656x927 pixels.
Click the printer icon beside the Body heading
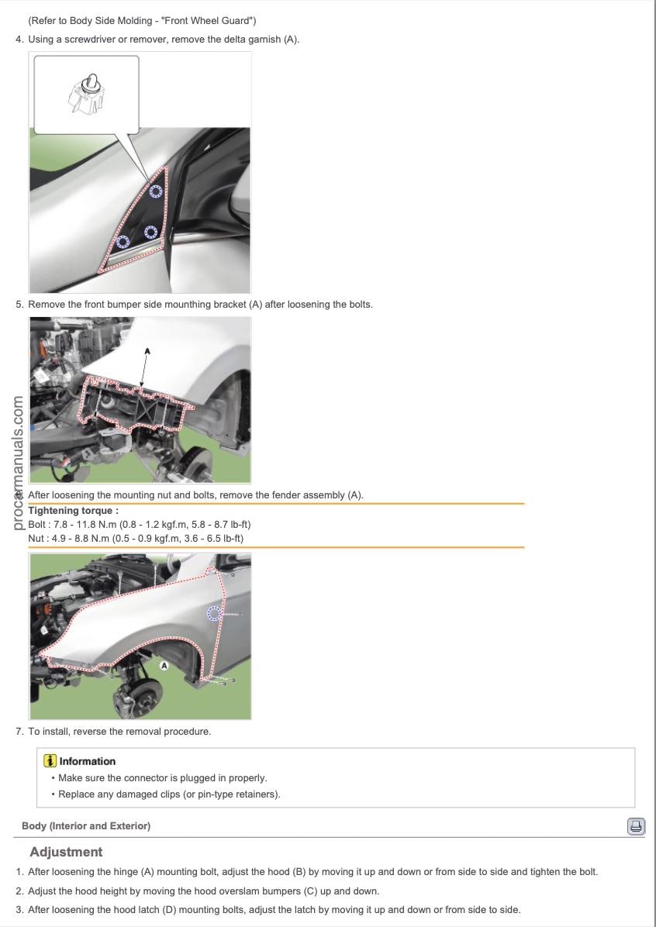pos(636,826)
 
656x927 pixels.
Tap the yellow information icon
pos(51,761)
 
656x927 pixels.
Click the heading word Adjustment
pos(66,852)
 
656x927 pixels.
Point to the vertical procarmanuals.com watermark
pos(18,463)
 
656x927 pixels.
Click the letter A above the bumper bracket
pos(147,351)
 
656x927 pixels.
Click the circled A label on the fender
pos(164,666)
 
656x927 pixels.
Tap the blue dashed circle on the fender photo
pos(214,614)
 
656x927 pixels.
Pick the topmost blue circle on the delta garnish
pos(156,191)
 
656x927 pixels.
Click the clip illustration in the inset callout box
pos(86,94)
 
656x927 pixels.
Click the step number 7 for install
pos(19,732)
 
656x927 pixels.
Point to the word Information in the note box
pos(87,761)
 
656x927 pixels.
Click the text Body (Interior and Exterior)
pos(86,826)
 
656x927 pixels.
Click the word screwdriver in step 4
pos(96,40)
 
